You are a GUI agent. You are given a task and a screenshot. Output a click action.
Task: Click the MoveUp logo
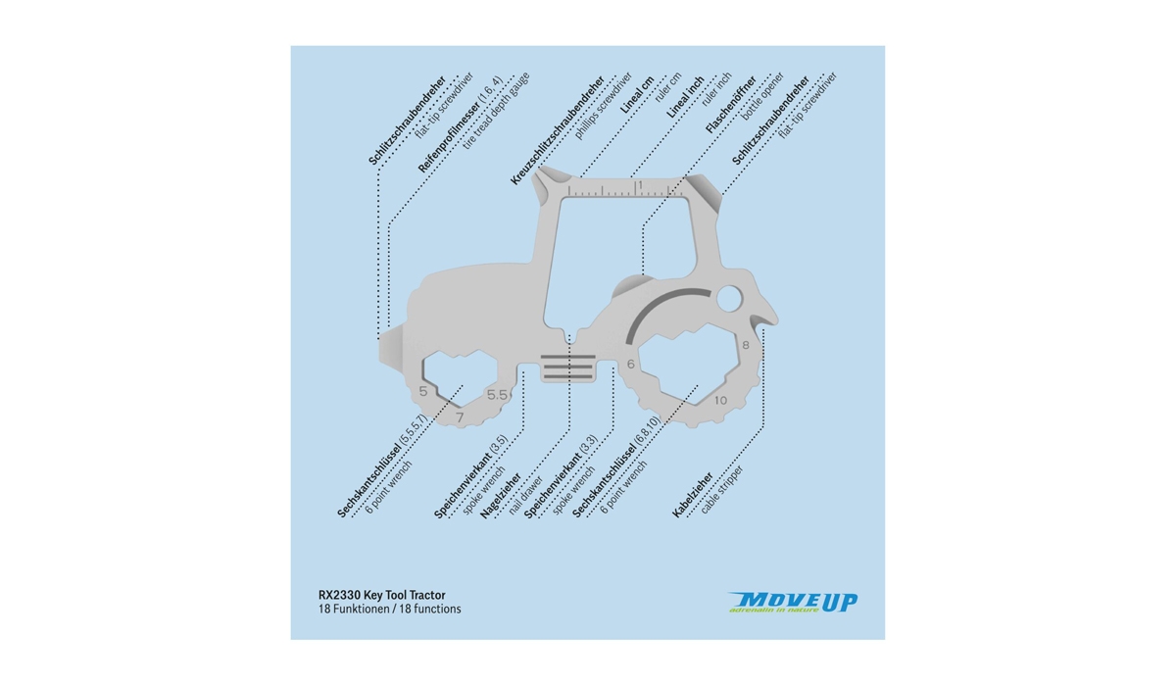tap(793, 603)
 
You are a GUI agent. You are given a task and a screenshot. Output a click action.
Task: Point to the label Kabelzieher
tap(692, 495)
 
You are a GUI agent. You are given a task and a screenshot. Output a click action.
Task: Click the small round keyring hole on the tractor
tap(728, 296)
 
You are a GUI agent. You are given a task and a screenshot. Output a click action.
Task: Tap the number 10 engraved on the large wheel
tap(720, 400)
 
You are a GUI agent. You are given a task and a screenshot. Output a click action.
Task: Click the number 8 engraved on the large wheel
tap(746, 345)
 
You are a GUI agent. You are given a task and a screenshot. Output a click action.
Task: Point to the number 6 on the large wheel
tap(630, 365)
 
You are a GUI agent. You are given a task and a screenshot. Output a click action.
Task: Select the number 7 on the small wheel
tap(460, 416)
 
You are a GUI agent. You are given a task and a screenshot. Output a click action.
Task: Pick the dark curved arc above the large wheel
tap(658, 308)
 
